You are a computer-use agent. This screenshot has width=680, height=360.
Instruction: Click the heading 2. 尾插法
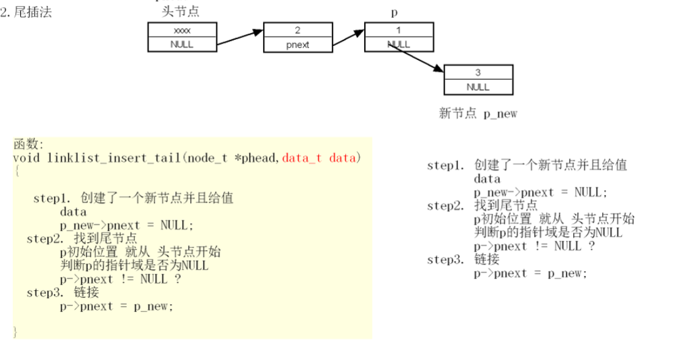[26, 12]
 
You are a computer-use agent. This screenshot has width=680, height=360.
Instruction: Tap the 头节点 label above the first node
[180, 12]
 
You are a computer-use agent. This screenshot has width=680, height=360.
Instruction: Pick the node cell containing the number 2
[297, 29]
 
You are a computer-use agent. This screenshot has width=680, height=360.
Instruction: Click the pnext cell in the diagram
[297, 44]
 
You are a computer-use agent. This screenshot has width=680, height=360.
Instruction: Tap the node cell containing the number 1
[399, 29]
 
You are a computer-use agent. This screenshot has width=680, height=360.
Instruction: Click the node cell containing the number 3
[478, 72]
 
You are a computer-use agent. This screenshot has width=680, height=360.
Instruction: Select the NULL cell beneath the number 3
[478, 87]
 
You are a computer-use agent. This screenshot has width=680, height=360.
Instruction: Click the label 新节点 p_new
[478, 114]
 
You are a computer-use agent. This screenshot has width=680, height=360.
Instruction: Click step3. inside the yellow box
[44, 293]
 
